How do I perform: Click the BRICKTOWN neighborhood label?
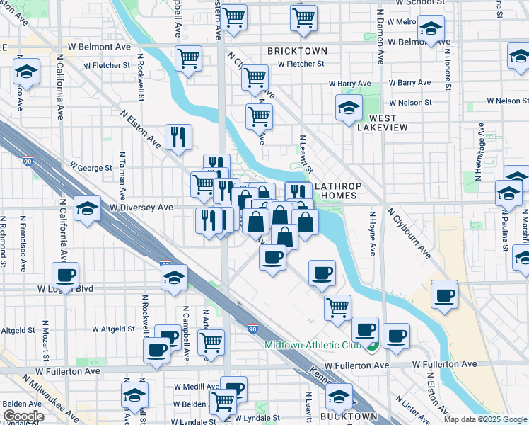[x=298, y=52]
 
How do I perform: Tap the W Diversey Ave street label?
[x=141, y=208]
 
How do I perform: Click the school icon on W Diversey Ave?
[x=87, y=209]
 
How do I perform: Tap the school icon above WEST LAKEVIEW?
[x=349, y=109]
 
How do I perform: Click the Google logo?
[x=23, y=416]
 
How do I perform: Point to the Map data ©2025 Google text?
[x=485, y=419]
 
